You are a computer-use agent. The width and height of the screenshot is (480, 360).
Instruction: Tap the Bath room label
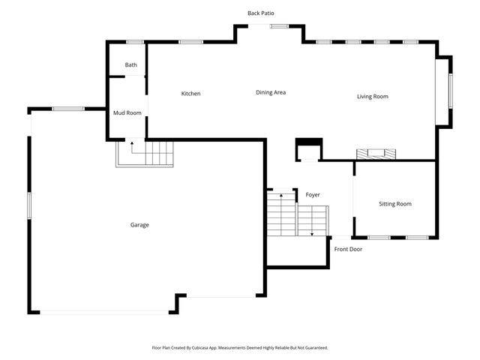[131, 65]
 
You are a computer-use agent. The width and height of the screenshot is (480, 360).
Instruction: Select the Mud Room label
[127, 113]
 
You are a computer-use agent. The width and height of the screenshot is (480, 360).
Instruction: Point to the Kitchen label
[191, 94]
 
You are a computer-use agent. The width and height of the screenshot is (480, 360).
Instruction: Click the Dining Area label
[271, 92]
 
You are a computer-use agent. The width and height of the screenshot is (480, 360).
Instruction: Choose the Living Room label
[372, 96]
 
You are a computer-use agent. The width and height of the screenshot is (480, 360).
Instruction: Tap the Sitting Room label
[394, 204]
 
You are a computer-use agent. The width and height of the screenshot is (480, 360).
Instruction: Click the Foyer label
[313, 195]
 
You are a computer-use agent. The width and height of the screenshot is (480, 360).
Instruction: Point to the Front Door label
[348, 249]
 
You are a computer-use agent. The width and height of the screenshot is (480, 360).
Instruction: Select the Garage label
[139, 225]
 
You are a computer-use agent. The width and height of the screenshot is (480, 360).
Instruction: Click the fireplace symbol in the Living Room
[375, 154]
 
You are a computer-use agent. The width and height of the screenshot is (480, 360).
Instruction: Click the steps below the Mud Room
[145, 154]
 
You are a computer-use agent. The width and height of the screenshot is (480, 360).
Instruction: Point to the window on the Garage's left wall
[29, 205]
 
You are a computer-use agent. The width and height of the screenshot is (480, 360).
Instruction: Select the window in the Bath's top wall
[135, 42]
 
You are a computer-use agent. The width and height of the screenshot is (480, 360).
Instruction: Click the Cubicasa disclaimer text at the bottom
[240, 348]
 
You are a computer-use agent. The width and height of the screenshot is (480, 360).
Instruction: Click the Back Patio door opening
[268, 27]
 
